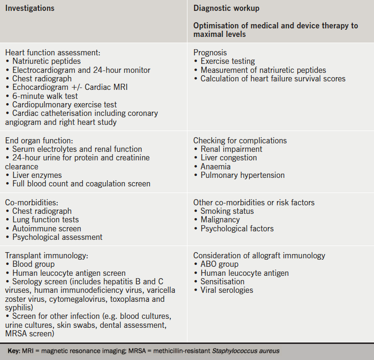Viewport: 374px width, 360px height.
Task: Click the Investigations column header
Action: pyautogui.click(x=30, y=9)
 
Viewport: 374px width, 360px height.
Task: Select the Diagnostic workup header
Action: pyautogui.click(x=226, y=9)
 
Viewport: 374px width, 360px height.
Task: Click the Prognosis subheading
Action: pyautogui.click(x=210, y=53)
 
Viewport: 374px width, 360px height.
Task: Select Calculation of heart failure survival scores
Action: pyautogui.click(x=273, y=79)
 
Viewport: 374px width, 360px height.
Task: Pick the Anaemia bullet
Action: pyautogui.click(x=215, y=167)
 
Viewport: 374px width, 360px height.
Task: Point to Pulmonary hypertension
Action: pyautogui.click(x=242, y=175)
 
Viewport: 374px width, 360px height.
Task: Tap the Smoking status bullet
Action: pyautogui.click(x=227, y=211)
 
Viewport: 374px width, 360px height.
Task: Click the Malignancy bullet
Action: pyautogui.click(x=220, y=220)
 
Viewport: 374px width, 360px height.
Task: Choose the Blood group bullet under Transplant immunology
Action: pyautogui.click(x=33, y=264)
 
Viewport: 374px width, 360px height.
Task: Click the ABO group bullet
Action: pyautogui.click(x=219, y=264)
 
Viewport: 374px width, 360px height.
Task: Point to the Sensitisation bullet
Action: pyautogui.click(x=223, y=281)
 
